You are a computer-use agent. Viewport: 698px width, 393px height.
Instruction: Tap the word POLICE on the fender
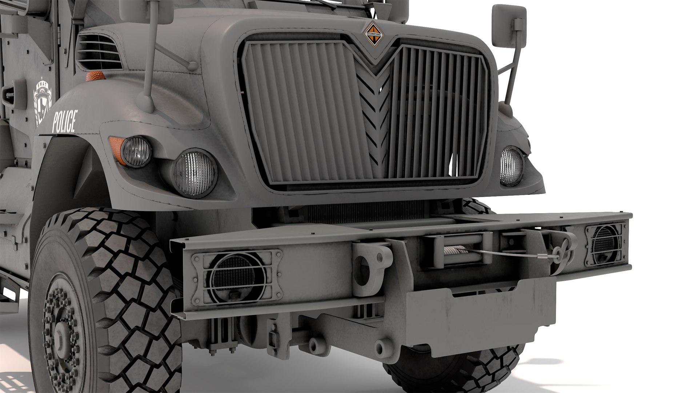pos(65,122)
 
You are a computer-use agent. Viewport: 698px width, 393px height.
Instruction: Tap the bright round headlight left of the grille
pos(195,173)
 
